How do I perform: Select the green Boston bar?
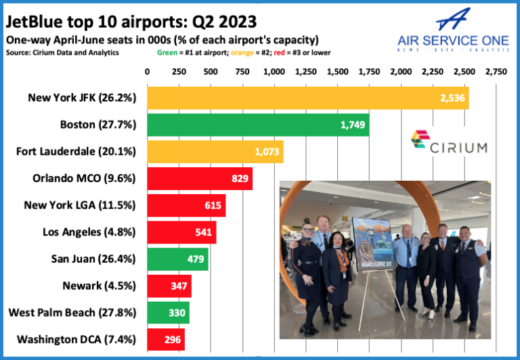[258, 125]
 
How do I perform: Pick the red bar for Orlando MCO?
[200, 179]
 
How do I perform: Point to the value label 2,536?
[452, 97]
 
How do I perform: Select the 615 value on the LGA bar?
[213, 206]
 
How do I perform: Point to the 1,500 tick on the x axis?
[338, 71]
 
